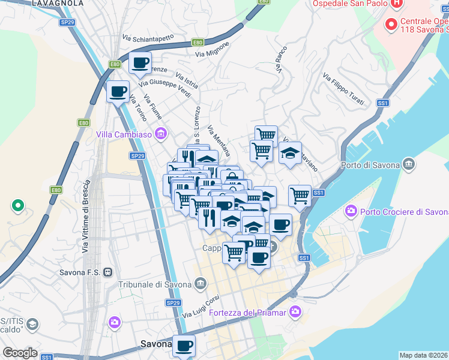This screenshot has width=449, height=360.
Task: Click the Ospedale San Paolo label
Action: tap(349, 4)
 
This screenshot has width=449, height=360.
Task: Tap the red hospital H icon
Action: tap(396, 4)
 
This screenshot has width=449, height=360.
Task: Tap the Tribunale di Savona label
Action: tap(154, 284)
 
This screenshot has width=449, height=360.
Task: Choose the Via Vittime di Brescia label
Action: tap(86, 210)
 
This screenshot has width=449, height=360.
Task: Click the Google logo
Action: tap(20, 353)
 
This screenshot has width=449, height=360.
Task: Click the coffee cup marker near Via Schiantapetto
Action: tap(140, 63)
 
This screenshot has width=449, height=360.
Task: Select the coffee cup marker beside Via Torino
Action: tap(118, 92)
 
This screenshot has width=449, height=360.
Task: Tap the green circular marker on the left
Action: tap(18, 206)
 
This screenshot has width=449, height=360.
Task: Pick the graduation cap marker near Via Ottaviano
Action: tap(290, 152)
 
